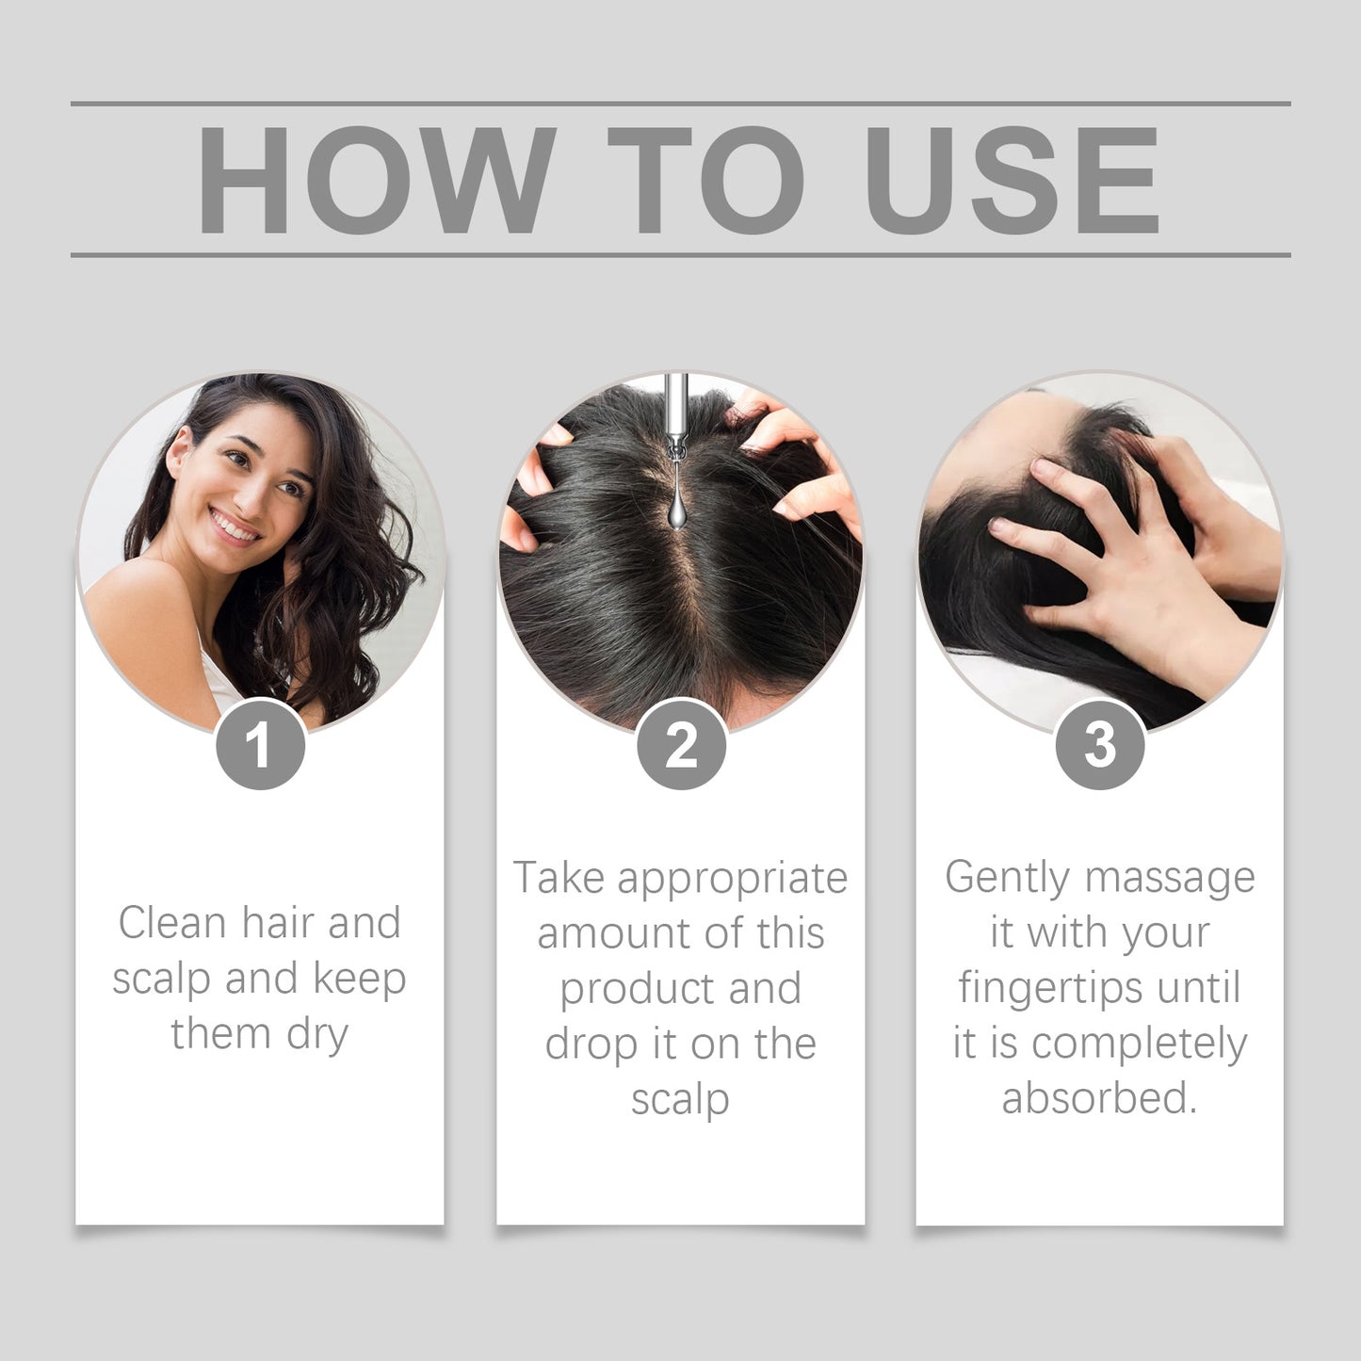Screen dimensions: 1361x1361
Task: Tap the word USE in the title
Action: coord(1011,179)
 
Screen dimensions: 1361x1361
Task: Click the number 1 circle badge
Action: coord(260,745)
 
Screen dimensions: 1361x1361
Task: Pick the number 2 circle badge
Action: coord(681,745)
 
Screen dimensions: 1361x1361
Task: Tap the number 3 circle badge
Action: coord(1099,745)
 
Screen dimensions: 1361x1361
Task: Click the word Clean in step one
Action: coord(172,922)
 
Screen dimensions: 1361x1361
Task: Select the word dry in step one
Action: coord(317,1034)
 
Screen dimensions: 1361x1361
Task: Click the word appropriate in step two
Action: coord(733,879)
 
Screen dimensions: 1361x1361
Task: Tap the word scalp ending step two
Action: coord(680,1099)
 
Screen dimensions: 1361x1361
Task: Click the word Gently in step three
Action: coord(1008,879)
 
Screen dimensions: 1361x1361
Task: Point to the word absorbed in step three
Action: coord(1098,1098)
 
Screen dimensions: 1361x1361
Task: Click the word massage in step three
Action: coord(1171,879)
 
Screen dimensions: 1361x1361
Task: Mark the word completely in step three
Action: coord(1140,1044)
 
